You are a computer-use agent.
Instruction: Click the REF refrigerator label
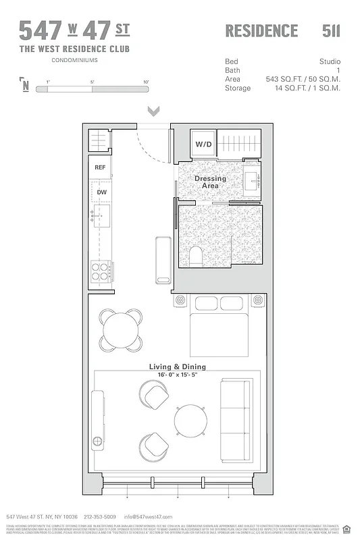click(100, 167)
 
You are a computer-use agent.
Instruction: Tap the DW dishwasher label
click(101, 192)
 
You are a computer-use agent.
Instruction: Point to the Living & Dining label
click(178, 367)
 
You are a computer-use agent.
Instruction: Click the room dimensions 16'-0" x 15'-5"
click(178, 375)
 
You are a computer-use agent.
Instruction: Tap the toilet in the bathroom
click(196, 256)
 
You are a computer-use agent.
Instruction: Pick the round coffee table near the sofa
click(190, 421)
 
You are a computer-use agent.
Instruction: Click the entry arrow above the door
click(153, 111)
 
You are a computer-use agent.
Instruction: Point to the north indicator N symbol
click(26, 84)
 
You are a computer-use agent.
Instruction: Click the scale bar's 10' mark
click(146, 82)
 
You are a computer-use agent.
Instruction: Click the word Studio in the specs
click(330, 61)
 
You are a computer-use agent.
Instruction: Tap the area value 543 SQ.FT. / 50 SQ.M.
click(303, 79)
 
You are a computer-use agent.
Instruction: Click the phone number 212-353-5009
click(99, 516)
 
